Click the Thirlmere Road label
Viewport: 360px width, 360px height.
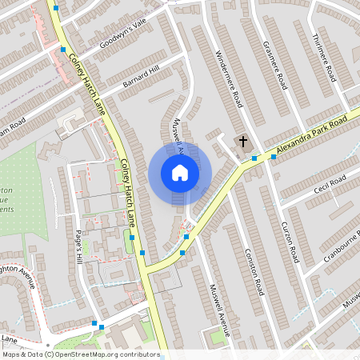tap(325, 58)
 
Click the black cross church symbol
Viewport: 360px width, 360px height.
tap(242, 142)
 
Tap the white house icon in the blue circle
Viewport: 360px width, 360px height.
tap(180, 173)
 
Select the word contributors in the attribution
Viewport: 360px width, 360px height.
tap(140, 354)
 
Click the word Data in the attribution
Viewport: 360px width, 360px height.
tap(34, 354)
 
